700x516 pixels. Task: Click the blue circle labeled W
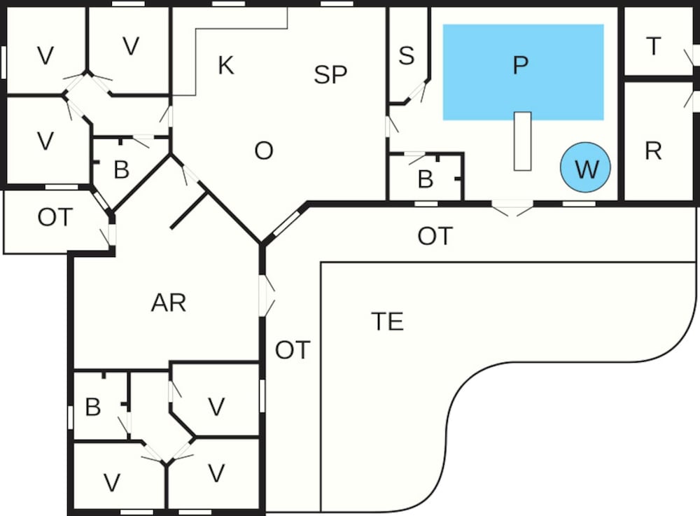(x=585, y=168)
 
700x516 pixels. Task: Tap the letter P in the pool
(x=519, y=66)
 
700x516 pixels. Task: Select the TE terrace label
(x=387, y=321)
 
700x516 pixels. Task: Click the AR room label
(x=169, y=303)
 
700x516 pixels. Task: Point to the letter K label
(x=225, y=66)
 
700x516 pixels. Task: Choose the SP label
(x=330, y=75)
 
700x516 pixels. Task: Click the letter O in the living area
(x=263, y=151)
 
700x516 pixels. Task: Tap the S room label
(x=406, y=56)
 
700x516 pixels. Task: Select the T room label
(x=654, y=46)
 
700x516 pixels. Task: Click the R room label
(x=653, y=151)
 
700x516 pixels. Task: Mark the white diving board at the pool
(x=522, y=141)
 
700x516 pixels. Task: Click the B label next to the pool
(x=425, y=179)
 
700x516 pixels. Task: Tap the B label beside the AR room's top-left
(x=121, y=170)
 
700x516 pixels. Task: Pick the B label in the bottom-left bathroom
(x=92, y=407)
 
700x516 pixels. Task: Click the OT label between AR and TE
(x=292, y=350)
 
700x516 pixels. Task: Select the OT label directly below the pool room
(x=435, y=236)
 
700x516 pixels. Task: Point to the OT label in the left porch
(x=55, y=218)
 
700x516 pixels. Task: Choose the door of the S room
(x=418, y=92)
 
